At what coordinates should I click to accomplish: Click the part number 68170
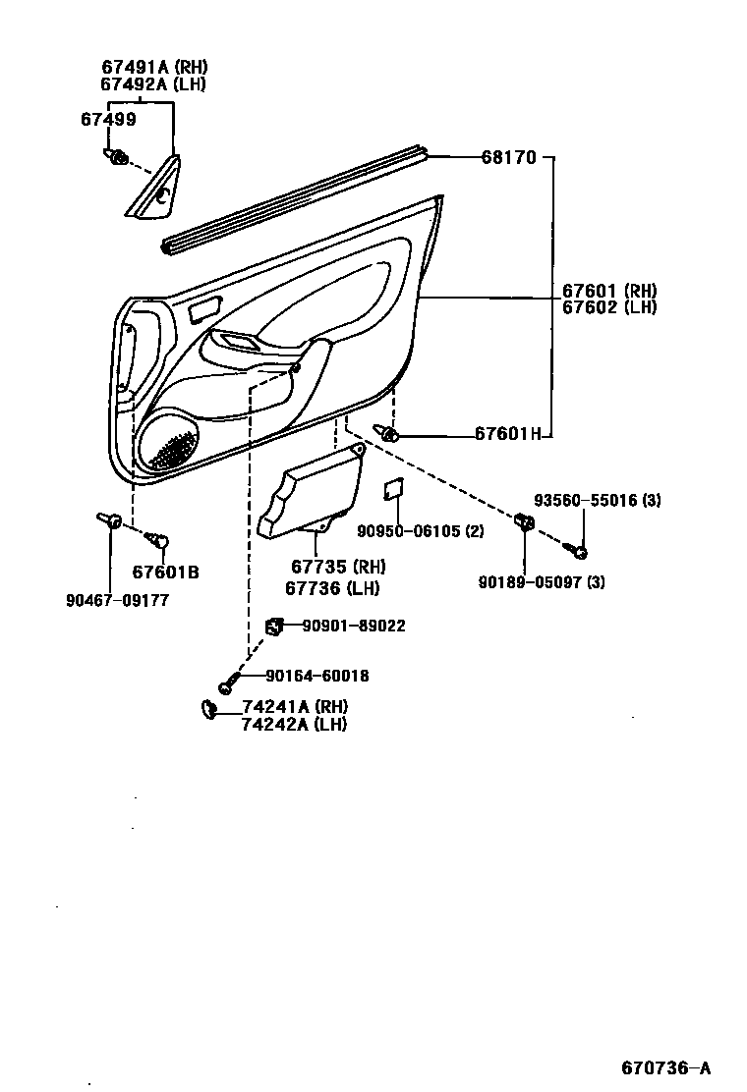(508, 157)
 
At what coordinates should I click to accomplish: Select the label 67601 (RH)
(609, 291)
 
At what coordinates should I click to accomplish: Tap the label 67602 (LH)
(608, 306)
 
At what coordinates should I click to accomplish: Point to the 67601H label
(507, 433)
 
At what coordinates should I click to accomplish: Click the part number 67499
(108, 119)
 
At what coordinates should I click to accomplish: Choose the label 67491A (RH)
(154, 67)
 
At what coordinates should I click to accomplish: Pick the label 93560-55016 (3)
(597, 500)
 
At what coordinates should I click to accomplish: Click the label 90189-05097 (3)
(542, 582)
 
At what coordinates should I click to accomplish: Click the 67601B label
(165, 572)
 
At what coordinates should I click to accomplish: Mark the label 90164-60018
(316, 676)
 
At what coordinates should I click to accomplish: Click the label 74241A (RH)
(295, 707)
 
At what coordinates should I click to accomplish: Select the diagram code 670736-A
(664, 1067)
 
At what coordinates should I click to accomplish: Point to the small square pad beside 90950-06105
(392, 489)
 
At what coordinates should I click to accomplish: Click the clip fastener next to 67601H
(389, 435)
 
